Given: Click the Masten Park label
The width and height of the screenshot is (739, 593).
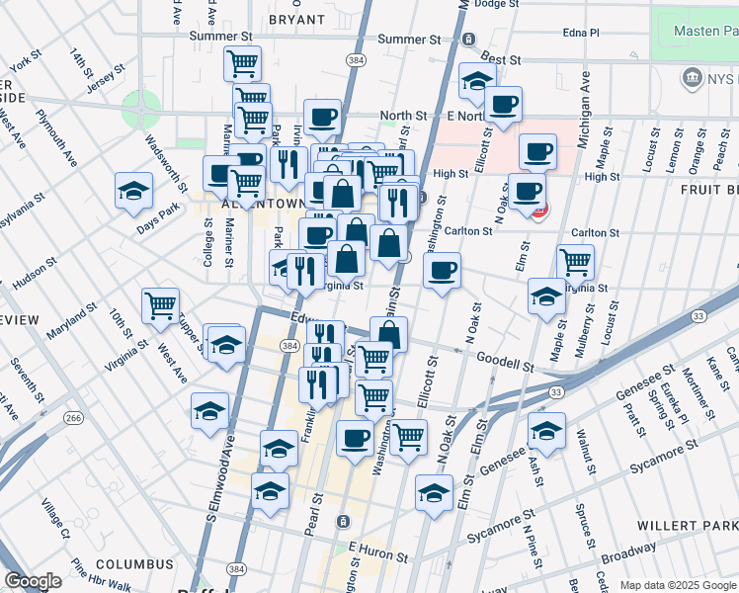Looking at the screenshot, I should point(705,32).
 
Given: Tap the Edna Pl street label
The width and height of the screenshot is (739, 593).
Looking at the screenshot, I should point(580,32).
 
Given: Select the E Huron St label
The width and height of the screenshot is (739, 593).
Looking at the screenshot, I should point(378,546).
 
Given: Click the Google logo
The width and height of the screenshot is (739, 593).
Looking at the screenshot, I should point(33,581).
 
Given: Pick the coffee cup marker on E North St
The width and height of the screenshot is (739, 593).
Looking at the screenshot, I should point(503,104).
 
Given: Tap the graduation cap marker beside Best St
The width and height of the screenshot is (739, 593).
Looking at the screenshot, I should point(477,81).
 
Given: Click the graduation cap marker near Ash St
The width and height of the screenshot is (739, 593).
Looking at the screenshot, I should point(545,429).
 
